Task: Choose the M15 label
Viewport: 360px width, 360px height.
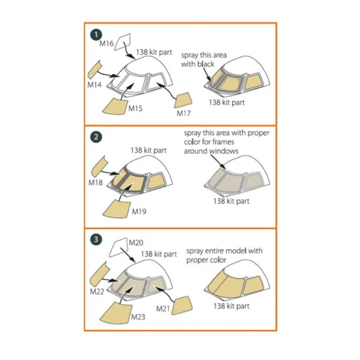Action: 136,107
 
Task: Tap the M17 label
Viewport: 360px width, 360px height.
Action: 184,113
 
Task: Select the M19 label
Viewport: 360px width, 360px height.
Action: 139,211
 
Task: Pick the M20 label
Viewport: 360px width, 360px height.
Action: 135,242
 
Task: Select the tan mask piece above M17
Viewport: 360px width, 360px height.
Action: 184,99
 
